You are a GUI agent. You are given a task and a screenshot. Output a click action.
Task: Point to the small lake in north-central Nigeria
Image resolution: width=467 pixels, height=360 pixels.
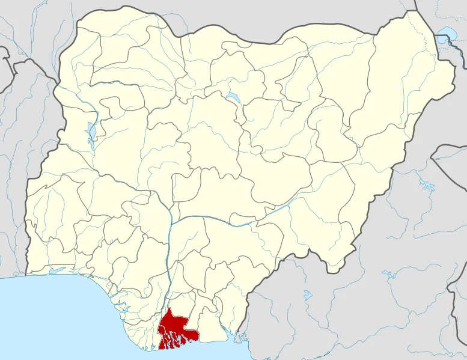pos(231,97)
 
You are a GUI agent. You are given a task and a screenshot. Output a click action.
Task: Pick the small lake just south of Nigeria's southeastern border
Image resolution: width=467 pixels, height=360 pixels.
pos(308,295)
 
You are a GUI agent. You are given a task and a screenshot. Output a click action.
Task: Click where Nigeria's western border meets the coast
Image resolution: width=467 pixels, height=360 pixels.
pos(26,275)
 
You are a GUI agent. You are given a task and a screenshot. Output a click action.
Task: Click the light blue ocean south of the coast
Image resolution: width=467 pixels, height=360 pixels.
pos(60,325)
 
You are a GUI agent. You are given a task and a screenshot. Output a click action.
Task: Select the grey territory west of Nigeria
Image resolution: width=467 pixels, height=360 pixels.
pos(12,180)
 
